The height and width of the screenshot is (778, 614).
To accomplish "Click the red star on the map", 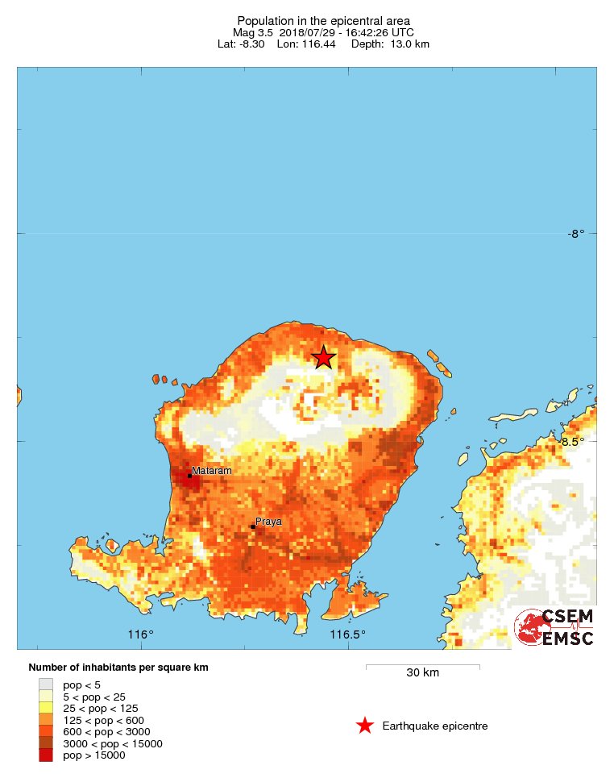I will coord(323,357).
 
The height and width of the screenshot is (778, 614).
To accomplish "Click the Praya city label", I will coord(268,522).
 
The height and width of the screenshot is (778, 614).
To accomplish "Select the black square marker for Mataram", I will coord(190,476).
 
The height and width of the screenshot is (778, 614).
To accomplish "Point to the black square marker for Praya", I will coord(252,527).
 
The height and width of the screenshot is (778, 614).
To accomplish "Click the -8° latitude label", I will coord(575,234).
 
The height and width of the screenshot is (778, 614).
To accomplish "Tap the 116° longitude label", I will coord(141,634).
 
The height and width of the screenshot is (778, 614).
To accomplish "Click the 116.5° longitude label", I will coord(348,634).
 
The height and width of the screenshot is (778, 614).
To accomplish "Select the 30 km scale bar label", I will coord(422,673).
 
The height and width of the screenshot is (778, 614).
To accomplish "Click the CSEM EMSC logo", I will coord(555,627).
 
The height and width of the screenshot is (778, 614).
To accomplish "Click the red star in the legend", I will coord(365,726).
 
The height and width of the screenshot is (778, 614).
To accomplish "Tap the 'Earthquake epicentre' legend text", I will coord(435,726).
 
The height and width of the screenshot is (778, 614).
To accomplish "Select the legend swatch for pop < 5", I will coord(45,684).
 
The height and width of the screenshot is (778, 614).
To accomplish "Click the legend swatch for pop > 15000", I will coord(45,755).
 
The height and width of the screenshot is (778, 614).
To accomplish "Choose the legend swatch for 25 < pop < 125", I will coord(45,708).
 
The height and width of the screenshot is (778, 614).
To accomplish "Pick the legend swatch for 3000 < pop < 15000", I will coord(45,743).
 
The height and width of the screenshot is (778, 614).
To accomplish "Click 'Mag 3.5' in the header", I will coord(253,32).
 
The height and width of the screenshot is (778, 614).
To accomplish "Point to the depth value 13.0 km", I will coord(411,44).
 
